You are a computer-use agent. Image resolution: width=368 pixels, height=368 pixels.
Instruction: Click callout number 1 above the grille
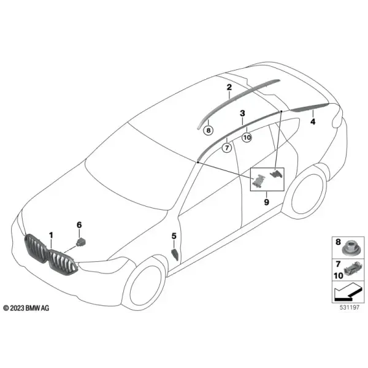tap(51, 236)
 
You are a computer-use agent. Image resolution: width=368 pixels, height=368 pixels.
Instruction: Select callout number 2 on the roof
tap(229, 87)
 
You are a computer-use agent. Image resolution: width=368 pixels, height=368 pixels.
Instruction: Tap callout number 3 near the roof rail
tap(242, 113)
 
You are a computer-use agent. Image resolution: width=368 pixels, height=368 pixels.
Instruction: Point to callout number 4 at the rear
tap(313, 121)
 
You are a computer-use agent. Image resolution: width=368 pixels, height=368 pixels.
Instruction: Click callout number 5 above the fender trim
tap(174, 236)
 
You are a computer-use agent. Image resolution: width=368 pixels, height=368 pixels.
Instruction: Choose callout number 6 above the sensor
tap(79, 225)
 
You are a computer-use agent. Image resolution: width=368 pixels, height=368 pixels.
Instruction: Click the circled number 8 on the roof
tap(209, 130)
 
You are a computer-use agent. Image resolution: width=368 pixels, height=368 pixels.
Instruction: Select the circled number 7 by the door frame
tap(227, 148)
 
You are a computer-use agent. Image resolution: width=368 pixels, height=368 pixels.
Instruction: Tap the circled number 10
tap(247, 137)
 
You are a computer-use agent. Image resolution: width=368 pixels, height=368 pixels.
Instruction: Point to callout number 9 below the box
tap(266, 202)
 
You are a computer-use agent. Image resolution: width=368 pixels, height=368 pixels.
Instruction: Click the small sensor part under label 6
tap(81, 242)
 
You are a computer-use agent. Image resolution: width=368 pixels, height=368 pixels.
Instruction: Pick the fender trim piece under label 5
tap(175, 255)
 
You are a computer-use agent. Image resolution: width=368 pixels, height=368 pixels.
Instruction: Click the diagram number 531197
tap(350, 307)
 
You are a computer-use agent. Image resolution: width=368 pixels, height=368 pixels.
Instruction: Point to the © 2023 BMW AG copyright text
tap(26, 308)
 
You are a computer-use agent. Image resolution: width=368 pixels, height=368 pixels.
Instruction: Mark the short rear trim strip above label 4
tap(309, 107)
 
